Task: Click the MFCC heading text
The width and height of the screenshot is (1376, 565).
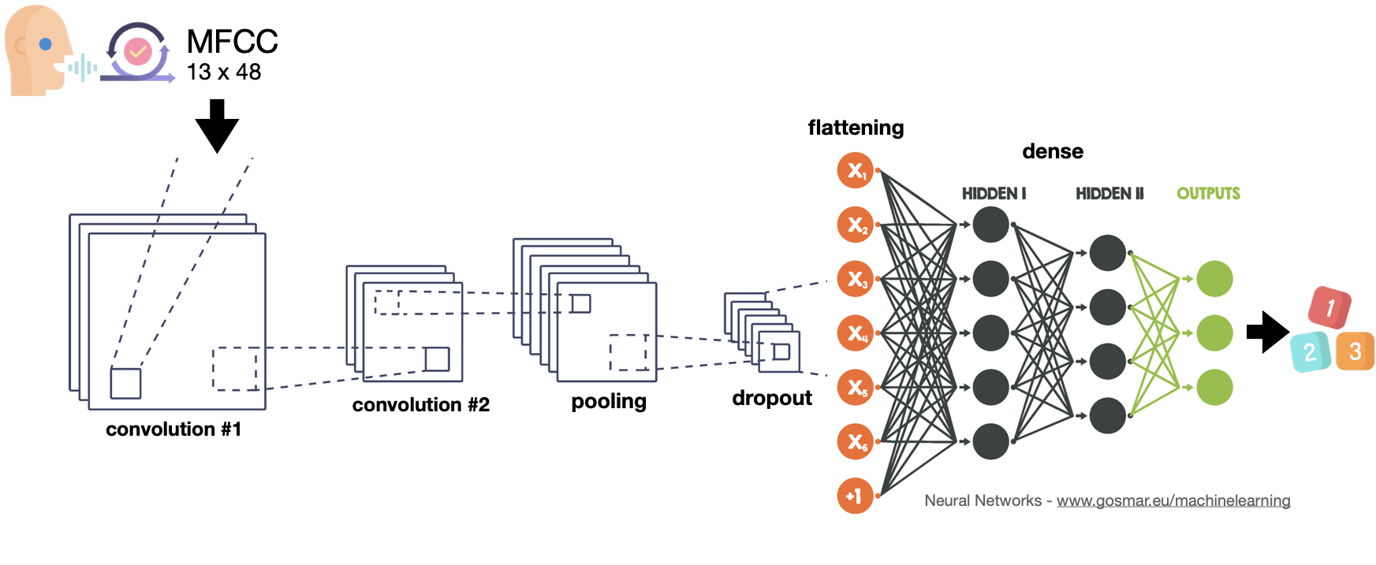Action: pos(232,42)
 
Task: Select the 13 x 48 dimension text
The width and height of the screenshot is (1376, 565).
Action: pos(224,72)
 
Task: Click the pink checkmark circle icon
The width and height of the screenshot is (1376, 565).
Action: pos(138,52)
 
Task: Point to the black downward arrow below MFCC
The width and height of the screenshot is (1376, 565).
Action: pos(217,125)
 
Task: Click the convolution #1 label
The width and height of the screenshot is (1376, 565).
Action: pos(173,429)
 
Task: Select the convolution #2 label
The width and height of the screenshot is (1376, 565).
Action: pos(420,405)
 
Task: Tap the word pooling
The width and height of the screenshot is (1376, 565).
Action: pos(609,402)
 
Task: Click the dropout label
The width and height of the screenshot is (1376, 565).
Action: pos(772,398)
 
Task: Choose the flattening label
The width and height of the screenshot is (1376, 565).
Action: pos(856,128)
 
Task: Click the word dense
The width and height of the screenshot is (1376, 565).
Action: pos(1053,151)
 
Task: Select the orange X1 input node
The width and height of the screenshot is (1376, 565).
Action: pos(856,171)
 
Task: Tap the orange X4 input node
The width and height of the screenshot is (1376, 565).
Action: pos(856,333)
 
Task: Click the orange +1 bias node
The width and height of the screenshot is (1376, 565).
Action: pos(855,496)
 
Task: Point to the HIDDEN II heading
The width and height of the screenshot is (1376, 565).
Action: pos(1109,194)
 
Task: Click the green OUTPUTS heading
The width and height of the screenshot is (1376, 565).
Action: pos(1208,194)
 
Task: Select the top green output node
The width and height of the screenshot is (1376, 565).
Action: pos(1214,279)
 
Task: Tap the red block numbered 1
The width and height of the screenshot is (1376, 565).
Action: pos(1329,307)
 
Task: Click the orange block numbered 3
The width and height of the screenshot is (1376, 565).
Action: pos(1355,351)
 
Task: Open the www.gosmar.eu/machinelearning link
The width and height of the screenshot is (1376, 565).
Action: pos(1173,500)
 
